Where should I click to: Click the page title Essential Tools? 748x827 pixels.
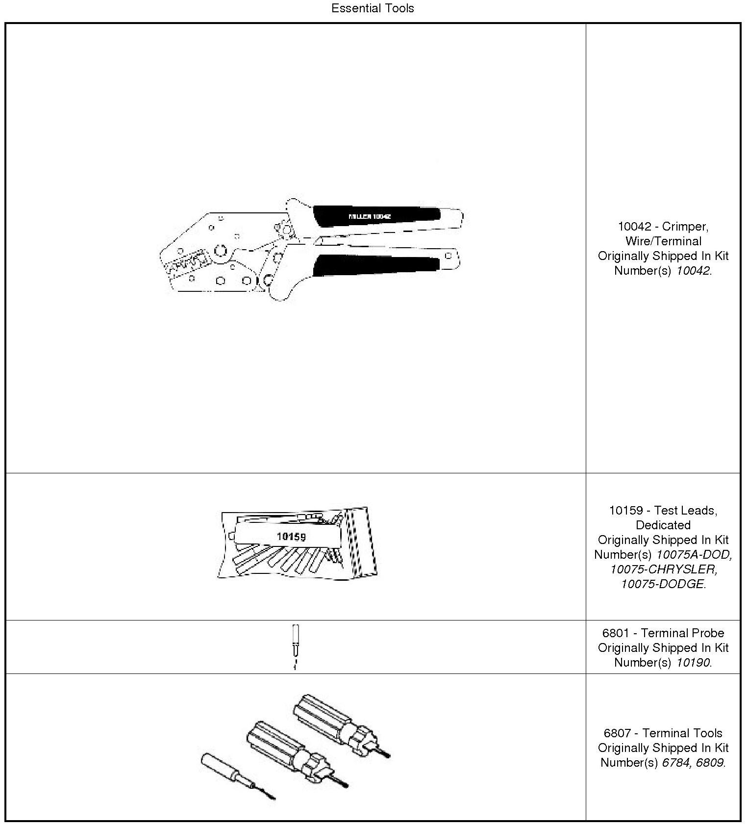click(x=373, y=8)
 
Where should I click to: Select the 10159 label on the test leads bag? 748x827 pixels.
click(x=291, y=537)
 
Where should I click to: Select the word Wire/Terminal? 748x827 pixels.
click(x=663, y=241)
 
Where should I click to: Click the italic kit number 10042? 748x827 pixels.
click(x=693, y=271)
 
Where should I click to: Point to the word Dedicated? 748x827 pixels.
click(x=663, y=525)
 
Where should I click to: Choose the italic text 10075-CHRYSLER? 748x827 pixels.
click(x=663, y=569)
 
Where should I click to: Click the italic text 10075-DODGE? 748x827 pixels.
click(x=663, y=584)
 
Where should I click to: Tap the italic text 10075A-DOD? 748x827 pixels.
click(x=694, y=555)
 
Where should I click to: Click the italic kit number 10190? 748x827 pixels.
click(x=693, y=663)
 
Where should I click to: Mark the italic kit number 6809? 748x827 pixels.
click(x=710, y=763)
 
